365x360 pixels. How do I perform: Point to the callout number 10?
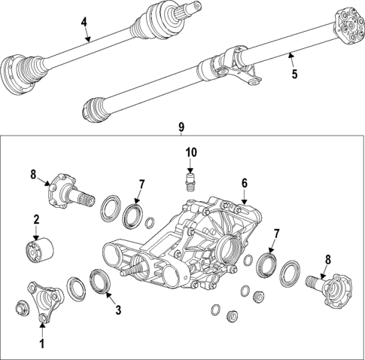[x=191, y=153]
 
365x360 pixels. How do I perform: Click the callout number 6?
[x=244, y=183]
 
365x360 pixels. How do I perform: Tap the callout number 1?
[x=42, y=344]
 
